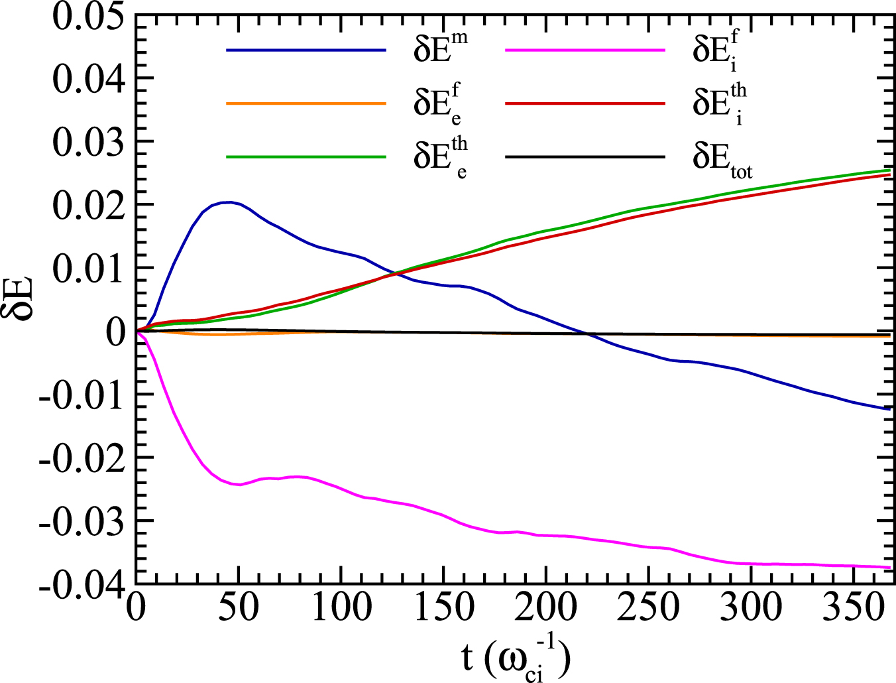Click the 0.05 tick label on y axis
click(x=88, y=16)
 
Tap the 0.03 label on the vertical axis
click(x=88, y=143)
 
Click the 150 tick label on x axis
click(x=443, y=607)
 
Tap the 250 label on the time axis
click(x=649, y=607)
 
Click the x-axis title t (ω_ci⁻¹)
click(x=516, y=658)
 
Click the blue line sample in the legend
click(x=306, y=50)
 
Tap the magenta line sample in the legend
click(x=585, y=50)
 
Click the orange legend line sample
click(x=306, y=103)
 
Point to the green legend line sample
click(x=306, y=156)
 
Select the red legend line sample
click(x=585, y=103)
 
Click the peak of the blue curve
click(x=227, y=202)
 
